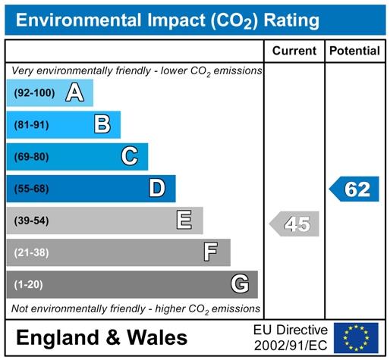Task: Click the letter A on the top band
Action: coord(74,92)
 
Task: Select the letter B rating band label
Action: coord(102,124)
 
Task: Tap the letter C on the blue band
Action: coord(130,156)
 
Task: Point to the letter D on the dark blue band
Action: coord(157,188)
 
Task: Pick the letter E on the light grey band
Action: coord(184,220)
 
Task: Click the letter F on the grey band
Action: coord(210,252)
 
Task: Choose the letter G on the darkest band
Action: coord(240,283)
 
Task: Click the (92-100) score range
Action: coord(34,93)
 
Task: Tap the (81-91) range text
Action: coord(32,125)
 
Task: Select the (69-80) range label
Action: coord(32,157)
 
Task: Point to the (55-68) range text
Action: coord(32,189)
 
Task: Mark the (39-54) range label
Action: coord(32,221)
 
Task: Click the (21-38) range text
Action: coord(32,252)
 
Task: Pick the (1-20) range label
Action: coord(29,284)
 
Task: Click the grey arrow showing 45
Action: coord(294,224)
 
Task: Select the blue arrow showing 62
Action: coord(354,189)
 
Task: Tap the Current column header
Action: coord(294,51)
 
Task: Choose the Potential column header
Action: coord(354,51)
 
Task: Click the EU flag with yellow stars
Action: coord(356,338)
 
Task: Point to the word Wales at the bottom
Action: coord(157,337)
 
